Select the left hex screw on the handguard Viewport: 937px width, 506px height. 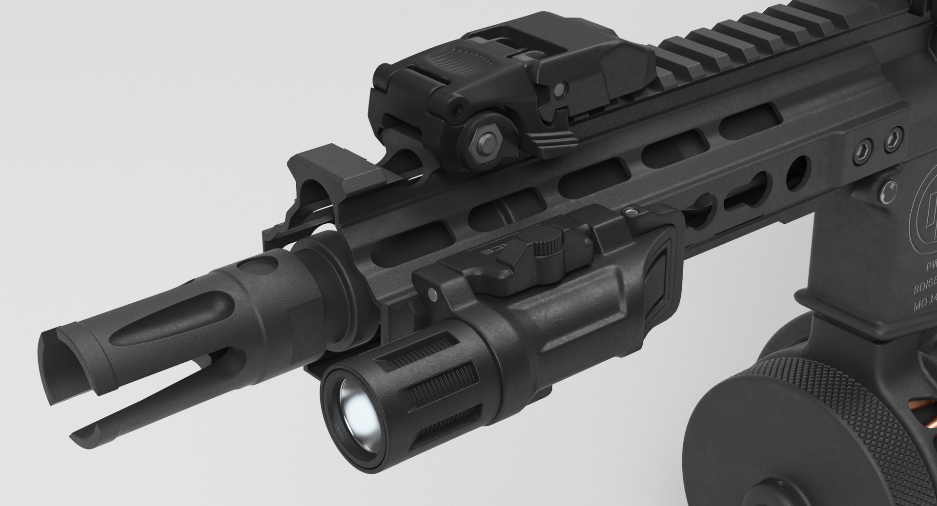click(863, 152)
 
